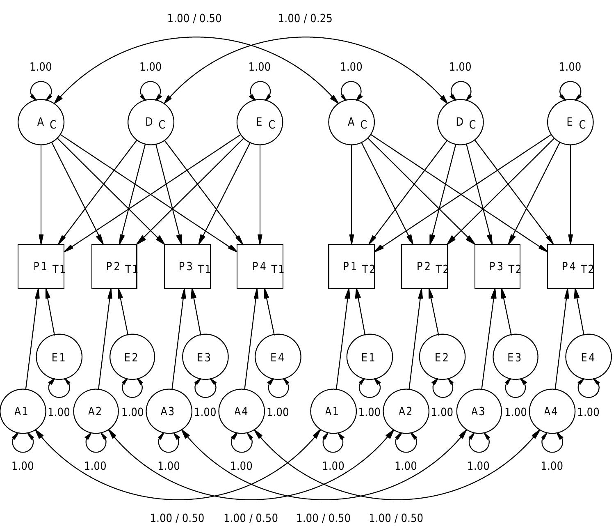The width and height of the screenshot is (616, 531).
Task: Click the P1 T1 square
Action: click(41, 267)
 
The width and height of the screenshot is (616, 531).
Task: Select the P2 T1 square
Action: click(114, 267)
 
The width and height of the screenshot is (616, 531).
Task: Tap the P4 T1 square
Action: click(260, 267)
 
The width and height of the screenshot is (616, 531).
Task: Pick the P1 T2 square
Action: click(351, 267)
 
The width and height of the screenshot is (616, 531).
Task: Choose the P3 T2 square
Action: click(497, 267)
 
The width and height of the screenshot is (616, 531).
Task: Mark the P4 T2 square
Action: click(570, 267)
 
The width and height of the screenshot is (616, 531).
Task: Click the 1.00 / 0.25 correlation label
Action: click(305, 18)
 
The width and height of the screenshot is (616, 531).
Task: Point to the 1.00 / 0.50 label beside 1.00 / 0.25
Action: click(194, 18)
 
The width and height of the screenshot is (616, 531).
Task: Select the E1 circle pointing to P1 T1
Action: click(59, 357)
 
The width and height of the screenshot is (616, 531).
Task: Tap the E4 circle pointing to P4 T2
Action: click(589, 357)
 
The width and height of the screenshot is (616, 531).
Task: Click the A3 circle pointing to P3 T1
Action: click(169, 411)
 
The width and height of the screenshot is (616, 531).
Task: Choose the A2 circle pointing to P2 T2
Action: click(406, 411)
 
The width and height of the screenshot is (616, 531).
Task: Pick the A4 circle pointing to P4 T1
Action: click(242, 411)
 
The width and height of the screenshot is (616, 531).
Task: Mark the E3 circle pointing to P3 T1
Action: click(205, 357)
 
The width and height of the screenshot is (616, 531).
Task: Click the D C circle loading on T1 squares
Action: click(151, 122)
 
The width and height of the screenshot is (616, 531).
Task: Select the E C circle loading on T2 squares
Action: click(570, 122)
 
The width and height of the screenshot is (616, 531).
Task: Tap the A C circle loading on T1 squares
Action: click(41, 122)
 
